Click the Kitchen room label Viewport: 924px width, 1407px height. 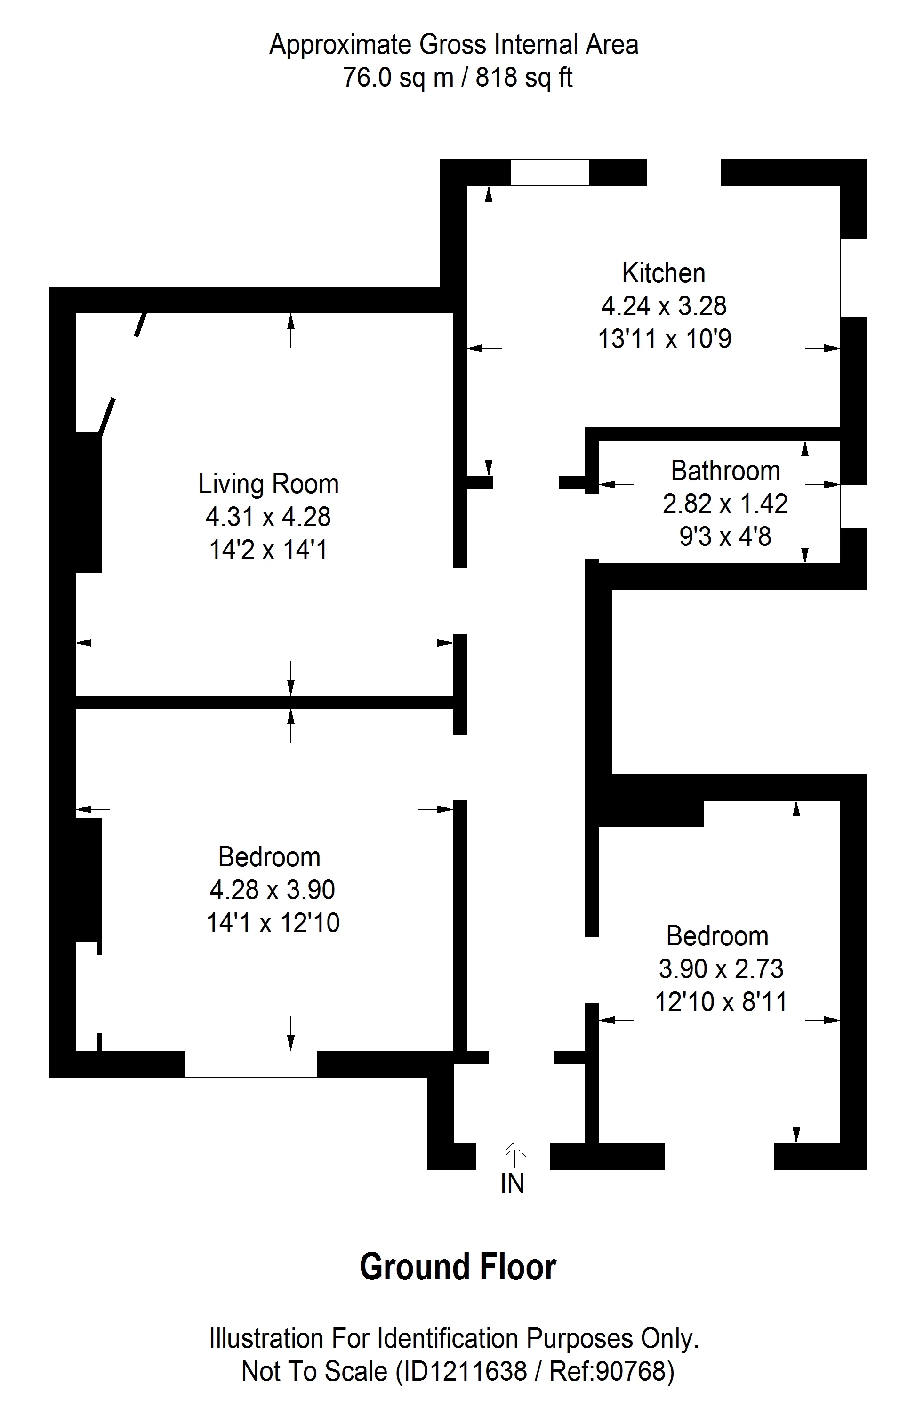[x=663, y=273]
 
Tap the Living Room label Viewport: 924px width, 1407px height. [x=268, y=484]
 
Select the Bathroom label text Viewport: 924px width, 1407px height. [x=725, y=471]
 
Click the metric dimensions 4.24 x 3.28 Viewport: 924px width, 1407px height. [x=664, y=306]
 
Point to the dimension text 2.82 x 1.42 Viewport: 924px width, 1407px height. [x=725, y=504]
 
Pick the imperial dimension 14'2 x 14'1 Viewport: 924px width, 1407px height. [x=268, y=550]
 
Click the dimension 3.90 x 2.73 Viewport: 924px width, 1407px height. [x=721, y=968]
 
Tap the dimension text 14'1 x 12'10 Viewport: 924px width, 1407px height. [x=273, y=923]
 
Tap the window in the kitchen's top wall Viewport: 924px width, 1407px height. [x=550, y=172]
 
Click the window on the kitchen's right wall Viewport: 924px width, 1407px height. [x=854, y=278]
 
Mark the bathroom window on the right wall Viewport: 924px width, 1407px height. [x=854, y=506]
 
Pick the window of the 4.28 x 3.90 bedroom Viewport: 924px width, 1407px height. [x=251, y=1064]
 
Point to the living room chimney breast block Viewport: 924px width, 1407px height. [x=88, y=502]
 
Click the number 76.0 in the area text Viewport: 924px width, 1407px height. [x=368, y=78]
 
